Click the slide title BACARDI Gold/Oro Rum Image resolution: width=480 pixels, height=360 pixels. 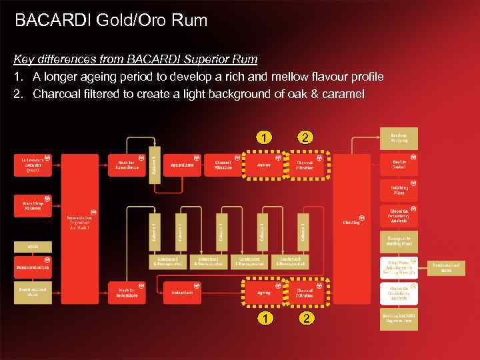(x=111, y=21)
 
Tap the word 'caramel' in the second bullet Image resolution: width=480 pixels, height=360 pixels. (x=343, y=94)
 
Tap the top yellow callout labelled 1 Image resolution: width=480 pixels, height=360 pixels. (x=266, y=138)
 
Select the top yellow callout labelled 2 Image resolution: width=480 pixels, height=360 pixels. (x=305, y=138)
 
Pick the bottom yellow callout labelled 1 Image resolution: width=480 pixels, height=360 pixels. (x=266, y=318)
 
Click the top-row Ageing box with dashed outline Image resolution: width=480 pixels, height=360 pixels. (x=264, y=165)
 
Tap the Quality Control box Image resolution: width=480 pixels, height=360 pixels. (x=399, y=165)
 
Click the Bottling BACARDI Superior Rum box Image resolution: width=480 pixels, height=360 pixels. (x=399, y=319)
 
